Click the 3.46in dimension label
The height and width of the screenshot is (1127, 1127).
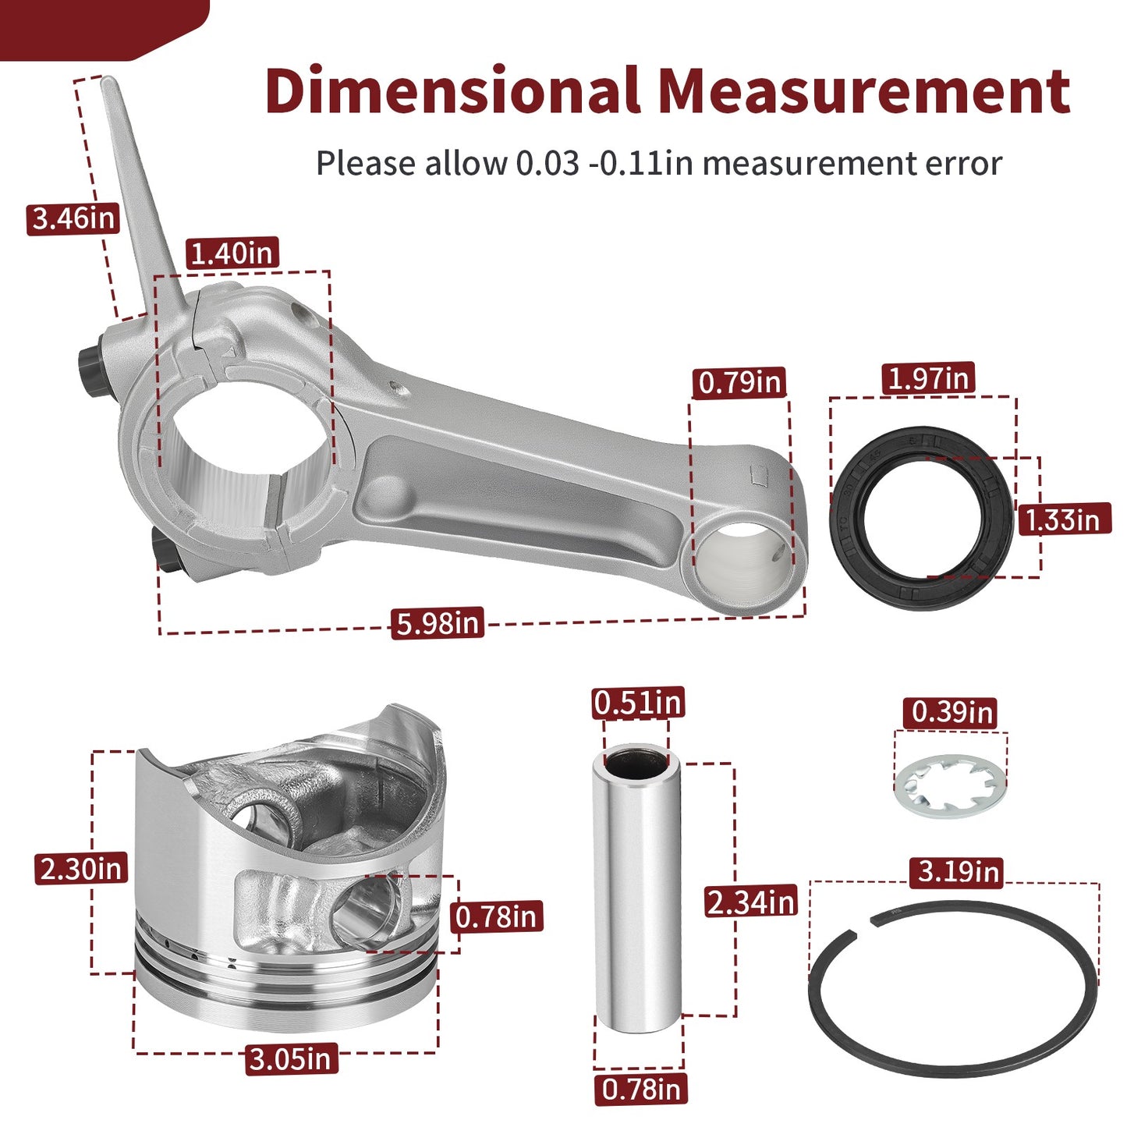coord(73,218)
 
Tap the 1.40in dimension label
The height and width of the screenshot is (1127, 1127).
coord(232,253)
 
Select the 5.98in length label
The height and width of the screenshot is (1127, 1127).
coord(438,622)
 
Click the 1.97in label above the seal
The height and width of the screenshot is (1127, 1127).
coord(928,377)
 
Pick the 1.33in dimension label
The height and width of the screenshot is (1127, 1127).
coord(1065,519)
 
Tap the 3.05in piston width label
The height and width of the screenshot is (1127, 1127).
coord(291,1059)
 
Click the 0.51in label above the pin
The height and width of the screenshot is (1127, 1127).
coord(638,703)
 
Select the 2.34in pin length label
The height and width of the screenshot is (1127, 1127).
coord(751,902)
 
